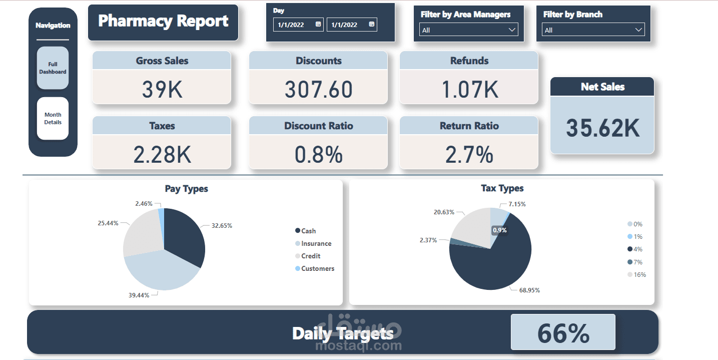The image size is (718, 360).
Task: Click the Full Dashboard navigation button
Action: tap(53, 68)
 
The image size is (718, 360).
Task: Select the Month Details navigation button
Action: tap(53, 119)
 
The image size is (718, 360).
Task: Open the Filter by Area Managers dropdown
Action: tap(468, 30)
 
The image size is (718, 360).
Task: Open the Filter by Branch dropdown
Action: tap(593, 30)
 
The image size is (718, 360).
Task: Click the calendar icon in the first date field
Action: tap(318, 25)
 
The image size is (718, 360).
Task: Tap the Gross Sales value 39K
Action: tap(162, 89)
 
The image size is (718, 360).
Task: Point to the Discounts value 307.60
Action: tap(318, 89)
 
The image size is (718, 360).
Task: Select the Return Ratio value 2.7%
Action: tap(469, 155)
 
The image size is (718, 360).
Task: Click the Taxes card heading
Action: tap(162, 126)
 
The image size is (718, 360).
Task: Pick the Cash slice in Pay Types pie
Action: tap(185, 235)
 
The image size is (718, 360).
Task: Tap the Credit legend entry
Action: tap(310, 256)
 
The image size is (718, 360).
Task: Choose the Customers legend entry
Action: tap(317, 268)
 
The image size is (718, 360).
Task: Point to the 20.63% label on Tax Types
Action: tap(444, 212)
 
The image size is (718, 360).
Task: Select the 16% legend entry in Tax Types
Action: tap(639, 274)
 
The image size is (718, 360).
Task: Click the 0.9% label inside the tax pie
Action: tap(499, 230)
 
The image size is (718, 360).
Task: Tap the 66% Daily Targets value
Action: tap(563, 332)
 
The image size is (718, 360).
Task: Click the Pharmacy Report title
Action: tap(163, 21)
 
